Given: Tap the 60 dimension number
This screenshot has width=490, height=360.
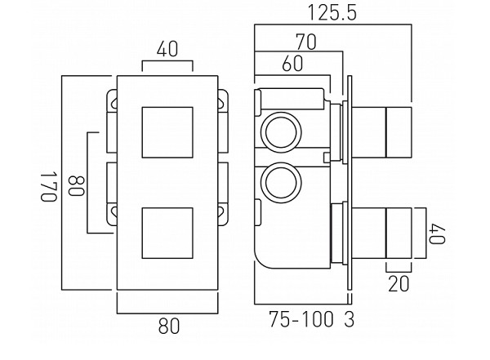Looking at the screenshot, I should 292,63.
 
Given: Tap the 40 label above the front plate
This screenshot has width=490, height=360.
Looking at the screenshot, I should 167,50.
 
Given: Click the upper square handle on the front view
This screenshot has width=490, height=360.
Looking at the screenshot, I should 167,131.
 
